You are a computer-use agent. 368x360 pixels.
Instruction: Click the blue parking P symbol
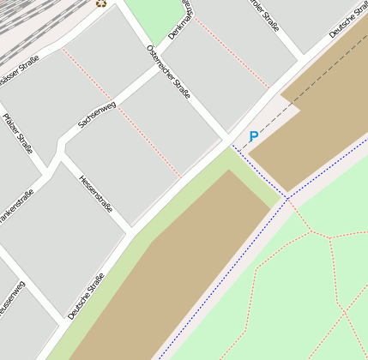pyautogui.click(x=253, y=136)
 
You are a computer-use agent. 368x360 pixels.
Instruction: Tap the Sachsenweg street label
pyautogui.click(x=96, y=114)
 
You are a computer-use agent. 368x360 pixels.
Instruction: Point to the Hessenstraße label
pyautogui.click(x=96, y=193)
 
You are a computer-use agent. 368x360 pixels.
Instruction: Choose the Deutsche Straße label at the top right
pyautogui.click(x=347, y=21)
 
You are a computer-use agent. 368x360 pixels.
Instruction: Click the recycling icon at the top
pyautogui.click(x=101, y=3)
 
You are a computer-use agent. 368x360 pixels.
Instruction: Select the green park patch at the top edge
pyautogui.click(x=154, y=17)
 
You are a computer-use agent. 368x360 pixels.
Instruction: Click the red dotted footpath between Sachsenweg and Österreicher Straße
pyautogui.click(x=146, y=141)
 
